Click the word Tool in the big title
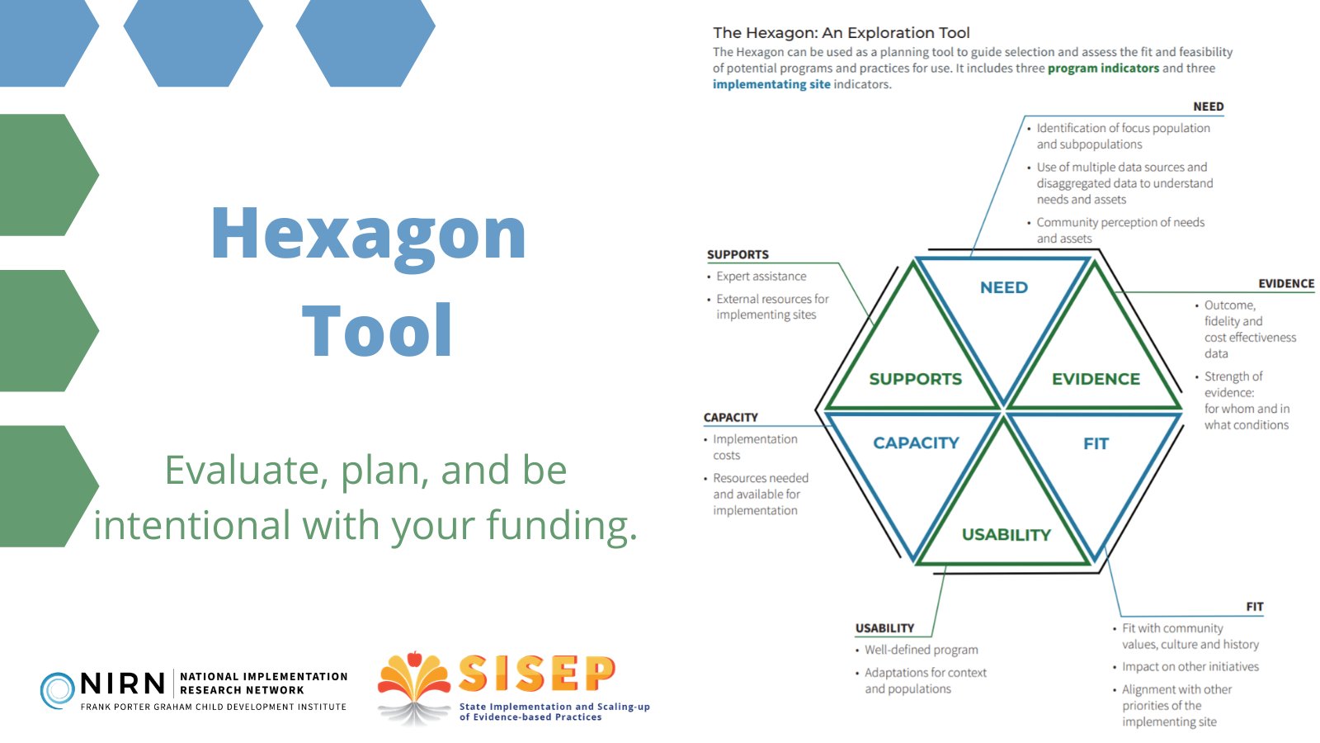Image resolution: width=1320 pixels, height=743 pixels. tap(377, 329)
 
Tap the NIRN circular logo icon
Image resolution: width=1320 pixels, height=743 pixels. tap(57, 690)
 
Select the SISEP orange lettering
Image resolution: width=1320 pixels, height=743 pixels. tap(537, 673)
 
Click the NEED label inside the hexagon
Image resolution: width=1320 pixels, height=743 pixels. tap(1003, 288)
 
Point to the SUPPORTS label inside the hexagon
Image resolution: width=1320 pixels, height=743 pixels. tap(915, 379)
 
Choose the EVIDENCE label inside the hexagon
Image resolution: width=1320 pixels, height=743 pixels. tap(1096, 379)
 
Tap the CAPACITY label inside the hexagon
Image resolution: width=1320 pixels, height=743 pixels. tap(916, 442)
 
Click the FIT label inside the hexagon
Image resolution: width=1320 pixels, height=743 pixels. tap(1096, 444)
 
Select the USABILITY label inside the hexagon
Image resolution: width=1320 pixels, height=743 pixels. tap(1006, 535)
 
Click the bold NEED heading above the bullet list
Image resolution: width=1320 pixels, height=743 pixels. tap(1208, 106)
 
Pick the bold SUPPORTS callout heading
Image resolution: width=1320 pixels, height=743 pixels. tap(738, 255)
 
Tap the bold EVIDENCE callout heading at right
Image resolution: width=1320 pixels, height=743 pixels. tap(1286, 284)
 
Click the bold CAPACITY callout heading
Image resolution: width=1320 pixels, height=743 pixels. tap(731, 418)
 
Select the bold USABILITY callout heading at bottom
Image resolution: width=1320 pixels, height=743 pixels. tap(884, 628)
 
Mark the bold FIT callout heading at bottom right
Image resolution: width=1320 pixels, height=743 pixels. tap(1255, 607)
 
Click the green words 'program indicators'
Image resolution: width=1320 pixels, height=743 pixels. tap(1103, 69)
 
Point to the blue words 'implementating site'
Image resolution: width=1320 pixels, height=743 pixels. tap(771, 84)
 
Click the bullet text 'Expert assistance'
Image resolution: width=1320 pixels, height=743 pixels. tap(761, 277)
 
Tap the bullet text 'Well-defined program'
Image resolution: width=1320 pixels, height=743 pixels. tap(921, 650)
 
